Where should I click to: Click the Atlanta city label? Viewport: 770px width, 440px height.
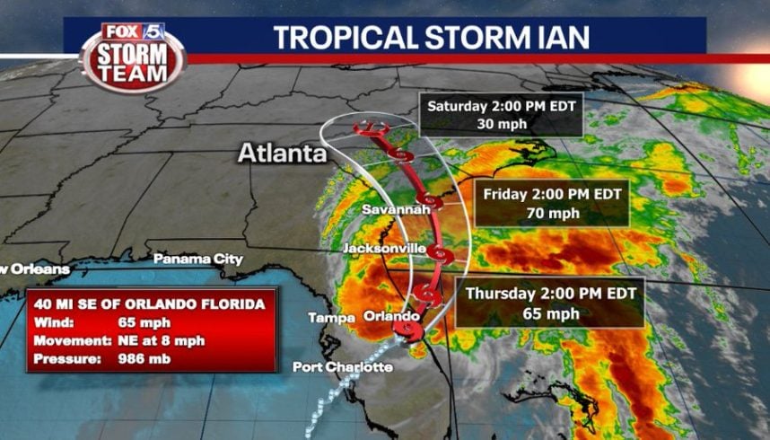(281, 154)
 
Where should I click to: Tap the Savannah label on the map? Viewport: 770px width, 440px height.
(392, 209)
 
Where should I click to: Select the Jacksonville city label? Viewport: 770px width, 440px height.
(384, 247)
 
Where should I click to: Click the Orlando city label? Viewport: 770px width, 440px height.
(391, 316)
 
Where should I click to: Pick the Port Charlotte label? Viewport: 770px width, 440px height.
(342, 366)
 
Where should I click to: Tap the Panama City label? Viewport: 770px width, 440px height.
(197, 259)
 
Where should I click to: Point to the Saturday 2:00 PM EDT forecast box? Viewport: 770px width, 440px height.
(501, 114)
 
